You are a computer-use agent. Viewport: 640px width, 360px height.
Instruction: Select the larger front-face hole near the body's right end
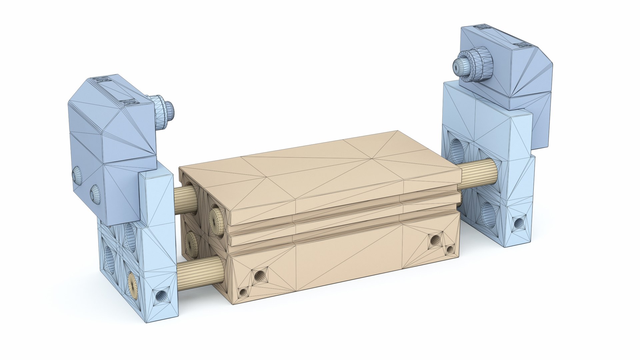(435, 240)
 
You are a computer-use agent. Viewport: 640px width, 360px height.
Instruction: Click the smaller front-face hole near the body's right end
(450, 249)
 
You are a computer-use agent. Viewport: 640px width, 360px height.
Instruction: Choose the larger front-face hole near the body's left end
(259, 275)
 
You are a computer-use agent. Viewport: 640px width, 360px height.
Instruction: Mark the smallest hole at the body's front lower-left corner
(243, 292)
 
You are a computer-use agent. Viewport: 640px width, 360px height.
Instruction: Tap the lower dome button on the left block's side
(95, 194)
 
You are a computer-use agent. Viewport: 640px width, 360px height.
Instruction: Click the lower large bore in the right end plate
(488, 215)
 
